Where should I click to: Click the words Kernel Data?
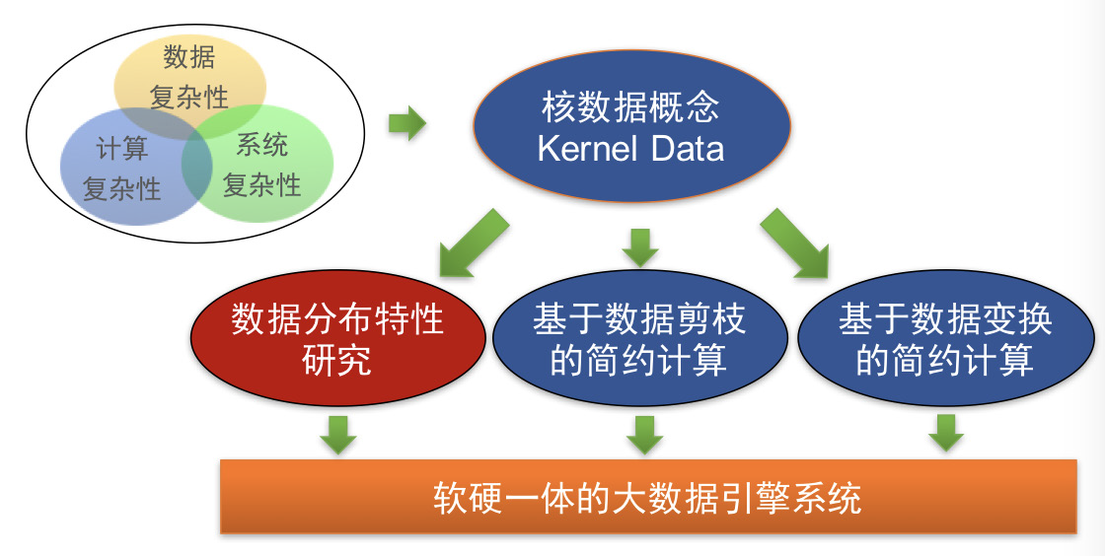[x=630, y=149]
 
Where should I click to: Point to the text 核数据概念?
[x=630, y=107]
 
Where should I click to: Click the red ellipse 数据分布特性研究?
[x=338, y=338]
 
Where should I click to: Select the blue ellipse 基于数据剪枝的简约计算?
[x=640, y=338]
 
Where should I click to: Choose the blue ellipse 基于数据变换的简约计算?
[x=945, y=338]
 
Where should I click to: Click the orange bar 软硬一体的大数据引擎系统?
[x=648, y=497]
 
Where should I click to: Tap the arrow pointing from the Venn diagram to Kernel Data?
[x=407, y=123]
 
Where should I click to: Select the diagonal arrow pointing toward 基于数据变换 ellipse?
[x=794, y=243]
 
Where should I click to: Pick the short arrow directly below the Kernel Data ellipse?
[x=640, y=247]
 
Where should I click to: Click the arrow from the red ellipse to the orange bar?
[x=338, y=435]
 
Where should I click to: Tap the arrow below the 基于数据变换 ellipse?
[x=946, y=433]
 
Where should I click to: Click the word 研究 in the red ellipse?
[x=336, y=360]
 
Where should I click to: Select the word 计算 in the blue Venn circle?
[x=122, y=149]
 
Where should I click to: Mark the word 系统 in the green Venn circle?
[x=262, y=145]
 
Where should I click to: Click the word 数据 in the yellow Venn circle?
[x=188, y=56]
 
